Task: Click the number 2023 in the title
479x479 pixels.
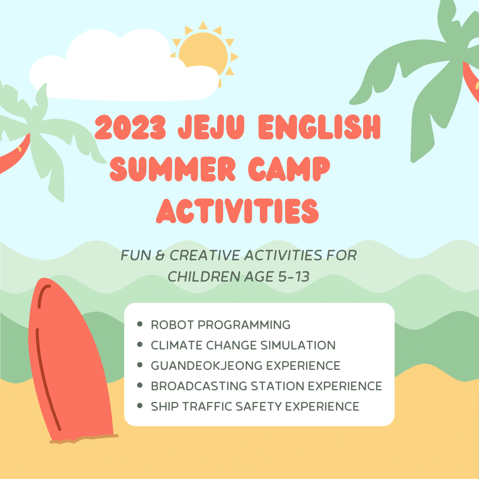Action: pyautogui.click(x=130, y=127)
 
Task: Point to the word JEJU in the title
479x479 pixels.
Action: pyautogui.click(x=211, y=127)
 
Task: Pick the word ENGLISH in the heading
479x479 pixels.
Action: pyautogui.click(x=319, y=127)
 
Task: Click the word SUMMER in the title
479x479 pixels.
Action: pyautogui.click(x=173, y=169)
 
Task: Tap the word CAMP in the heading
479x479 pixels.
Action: pyautogui.click(x=289, y=169)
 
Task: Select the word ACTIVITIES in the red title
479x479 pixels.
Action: pyautogui.click(x=237, y=211)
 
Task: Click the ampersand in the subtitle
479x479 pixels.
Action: pyautogui.click(x=160, y=255)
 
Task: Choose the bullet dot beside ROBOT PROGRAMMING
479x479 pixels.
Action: pyautogui.click(x=140, y=324)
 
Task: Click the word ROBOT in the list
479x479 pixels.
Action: pyautogui.click(x=173, y=325)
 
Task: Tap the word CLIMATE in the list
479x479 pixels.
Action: pyautogui.click(x=177, y=345)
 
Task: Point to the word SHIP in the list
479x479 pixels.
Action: pyautogui.click(x=165, y=407)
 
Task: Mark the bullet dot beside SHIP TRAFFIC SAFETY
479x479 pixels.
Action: pyautogui.click(x=140, y=406)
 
